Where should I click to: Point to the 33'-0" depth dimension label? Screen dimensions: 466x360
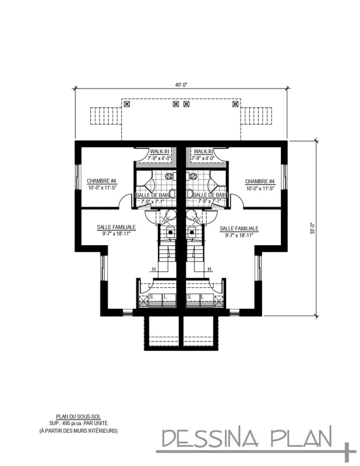click(x=311, y=228)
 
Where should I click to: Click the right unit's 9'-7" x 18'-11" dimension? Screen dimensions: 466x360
click(x=239, y=235)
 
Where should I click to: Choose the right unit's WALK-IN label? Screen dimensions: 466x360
click(x=203, y=151)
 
